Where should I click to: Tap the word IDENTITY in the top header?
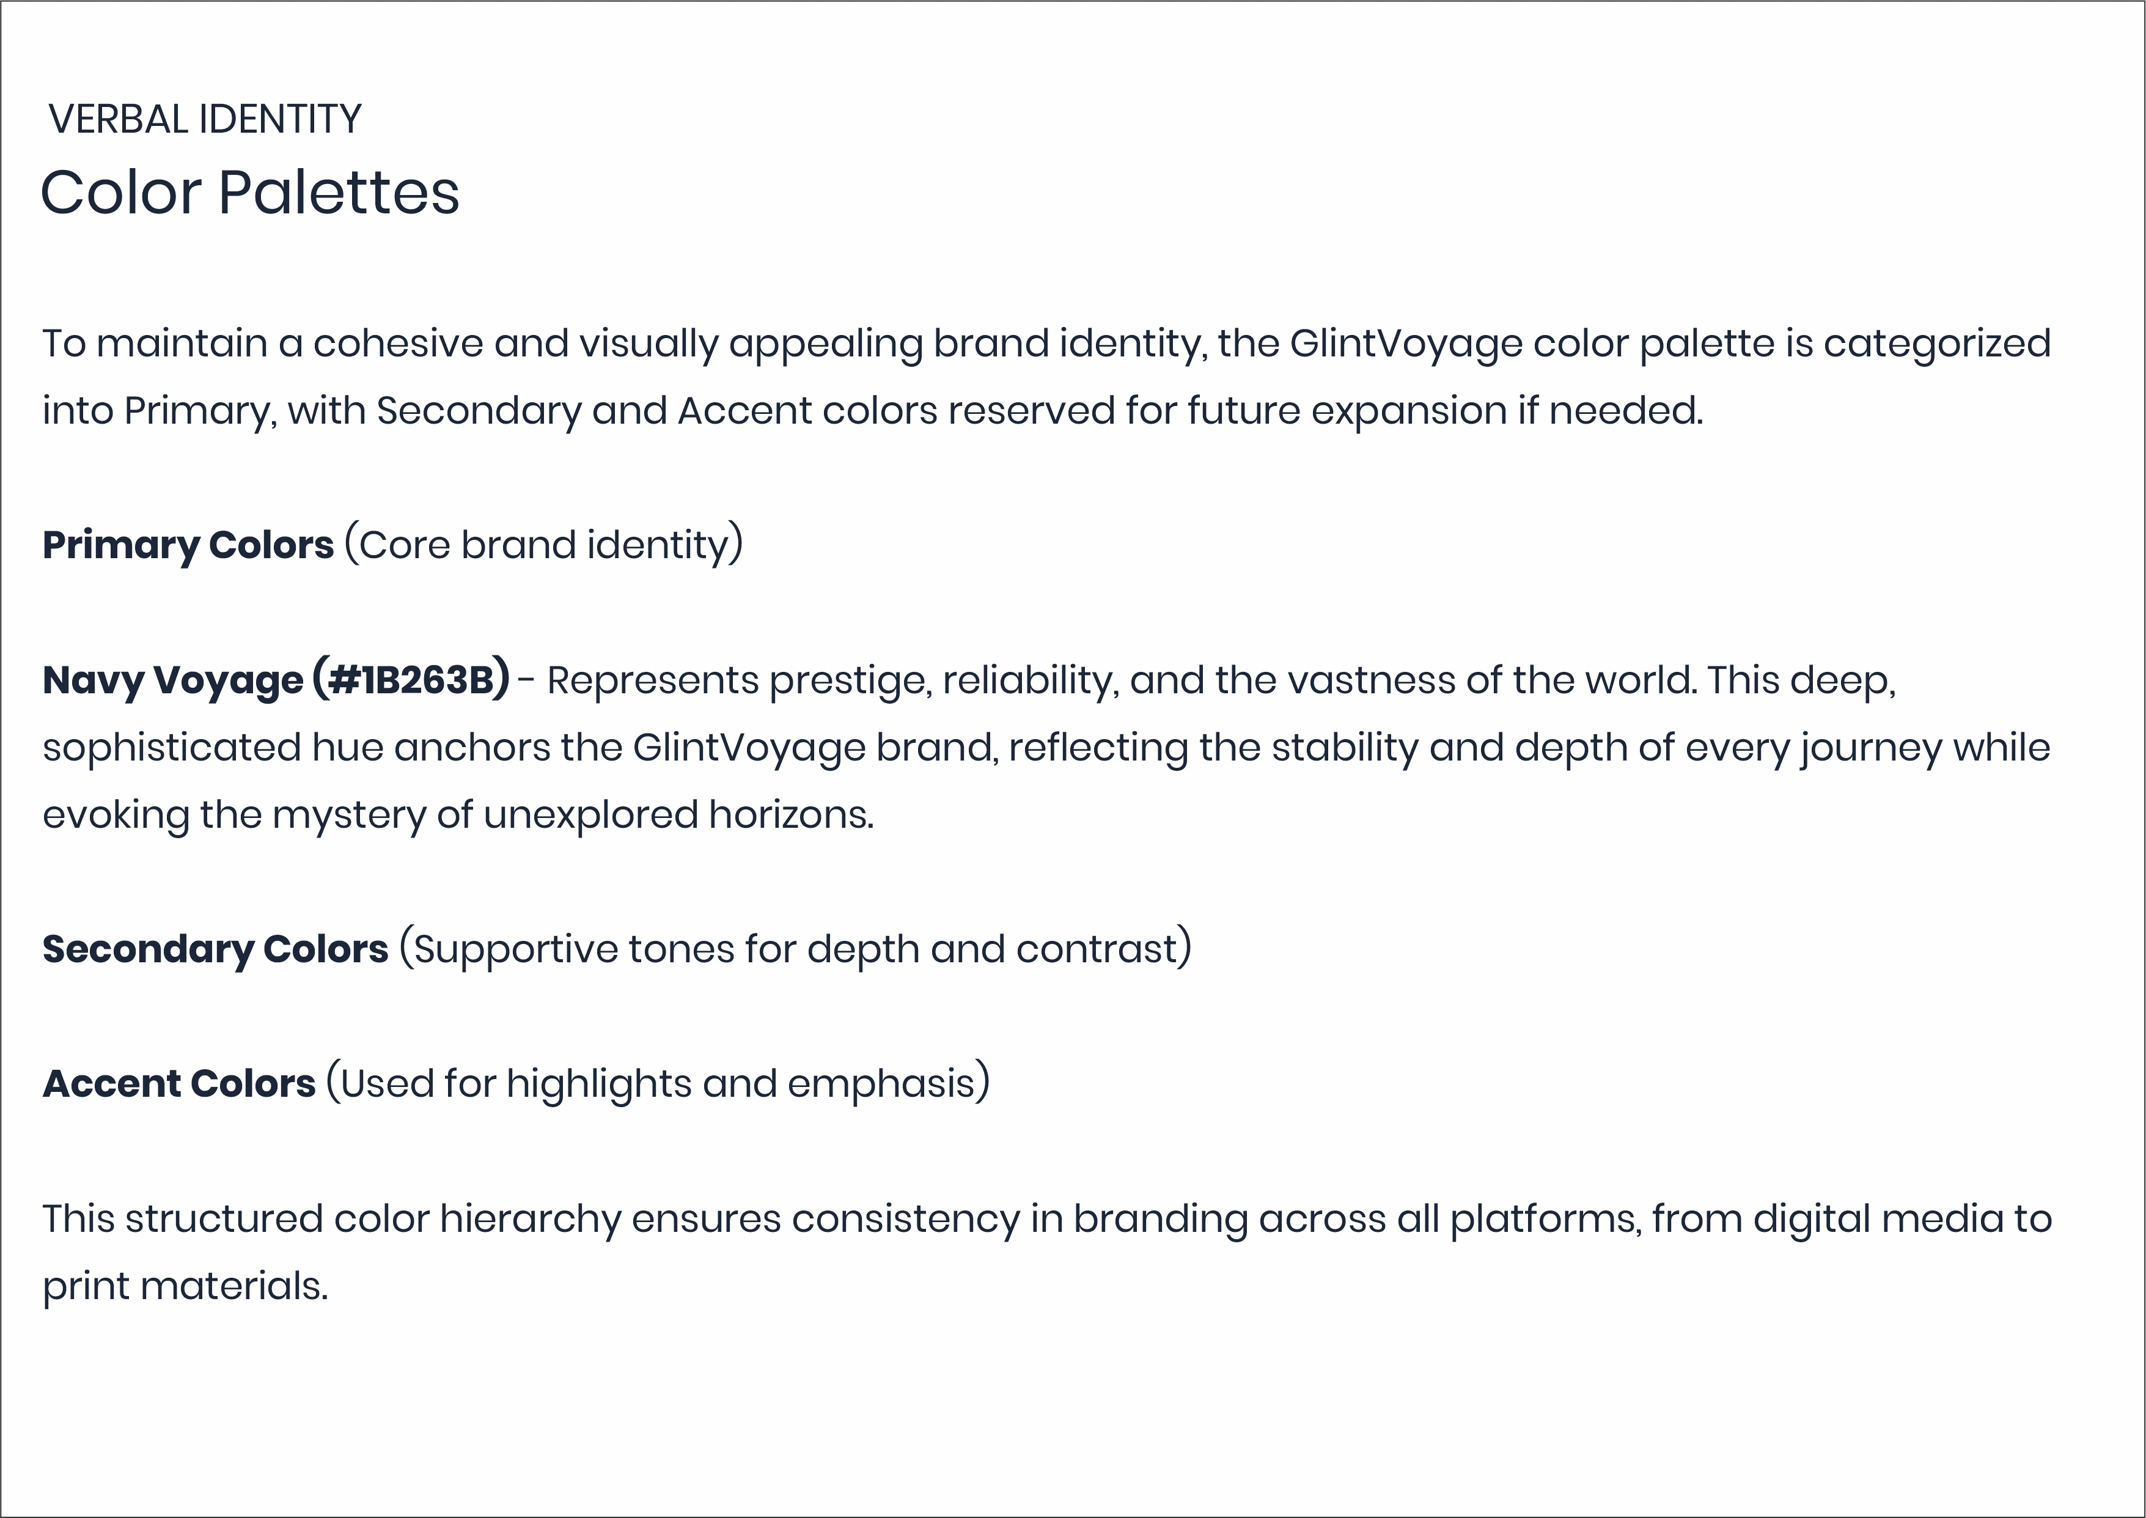(281, 120)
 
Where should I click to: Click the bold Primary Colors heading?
(188, 545)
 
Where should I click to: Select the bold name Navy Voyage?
(173, 680)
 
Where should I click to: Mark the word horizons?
(791, 815)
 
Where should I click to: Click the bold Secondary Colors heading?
(216, 949)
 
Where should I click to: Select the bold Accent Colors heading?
(180, 1083)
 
